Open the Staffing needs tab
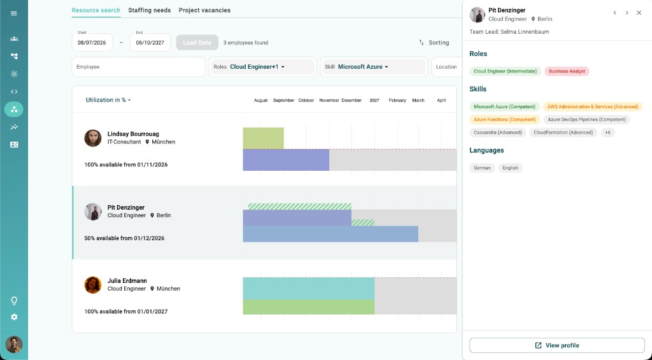coord(149,10)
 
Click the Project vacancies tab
coord(204,10)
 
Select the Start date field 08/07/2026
coord(92,43)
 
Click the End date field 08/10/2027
coord(150,43)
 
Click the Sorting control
coord(434,43)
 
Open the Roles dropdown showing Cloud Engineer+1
coord(263,67)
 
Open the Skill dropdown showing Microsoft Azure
coord(374,67)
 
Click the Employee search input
coord(138,67)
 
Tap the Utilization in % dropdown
coord(108,100)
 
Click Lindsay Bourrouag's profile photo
coord(93,138)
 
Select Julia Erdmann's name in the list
coord(127,281)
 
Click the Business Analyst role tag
coord(567,71)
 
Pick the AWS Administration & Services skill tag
coord(593,106)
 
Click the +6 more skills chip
coord(608,133)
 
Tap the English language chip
coord(510,168)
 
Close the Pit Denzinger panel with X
coord(639,13)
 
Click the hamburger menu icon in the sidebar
coord(14,13)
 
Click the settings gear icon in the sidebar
coord(14,317)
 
